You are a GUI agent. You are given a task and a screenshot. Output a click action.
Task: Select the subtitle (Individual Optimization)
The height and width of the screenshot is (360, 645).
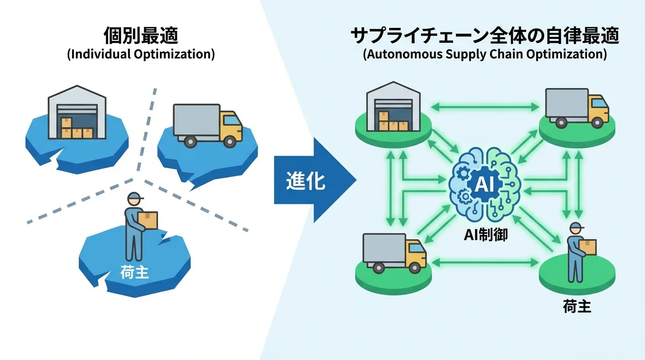click(141, 54)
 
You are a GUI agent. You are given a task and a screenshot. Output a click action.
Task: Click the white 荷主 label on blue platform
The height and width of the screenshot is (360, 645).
click(135, 272)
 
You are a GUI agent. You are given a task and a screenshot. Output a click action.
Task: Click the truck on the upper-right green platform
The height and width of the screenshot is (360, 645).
click(576, 108)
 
